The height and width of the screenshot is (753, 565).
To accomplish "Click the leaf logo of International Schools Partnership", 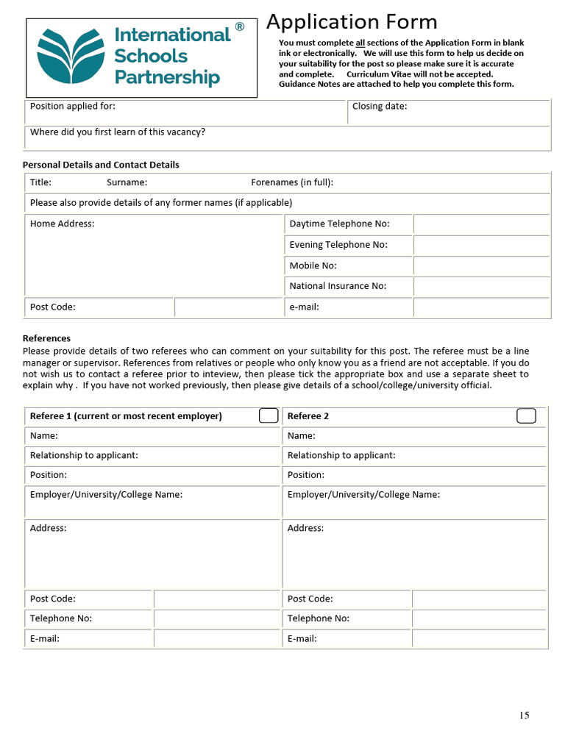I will click(x=71, y=57).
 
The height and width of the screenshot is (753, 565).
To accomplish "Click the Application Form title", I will click(x=352, y=22).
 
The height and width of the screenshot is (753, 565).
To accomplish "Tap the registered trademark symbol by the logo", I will click(x=240, y=27).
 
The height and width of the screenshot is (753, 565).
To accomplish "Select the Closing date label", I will click(x=380, y=107).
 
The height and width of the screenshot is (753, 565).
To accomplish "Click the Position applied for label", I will click(x=73, y=107).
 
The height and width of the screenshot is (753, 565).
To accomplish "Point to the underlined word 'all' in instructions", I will click(x=360, y=43).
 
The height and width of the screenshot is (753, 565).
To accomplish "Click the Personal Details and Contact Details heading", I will click(x=101, y=165).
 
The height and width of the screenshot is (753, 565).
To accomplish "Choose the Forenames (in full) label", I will click(x=292, y=182).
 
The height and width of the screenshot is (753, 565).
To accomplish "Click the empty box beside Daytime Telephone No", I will click(x=481, y=224).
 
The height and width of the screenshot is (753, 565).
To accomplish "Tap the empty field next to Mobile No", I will click(x=481, y=265).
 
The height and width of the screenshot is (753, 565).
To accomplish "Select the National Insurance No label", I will click(x=338, y=286).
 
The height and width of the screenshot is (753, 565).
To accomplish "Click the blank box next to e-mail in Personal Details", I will click(x=481, y=307).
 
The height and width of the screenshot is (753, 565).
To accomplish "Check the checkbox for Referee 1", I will click(x=269, y=416).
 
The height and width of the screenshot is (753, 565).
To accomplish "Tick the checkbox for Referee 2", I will click(x=526, y=416).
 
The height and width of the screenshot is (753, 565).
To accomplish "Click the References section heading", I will click(x=46, y=338).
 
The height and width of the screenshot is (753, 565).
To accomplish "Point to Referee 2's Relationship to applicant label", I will click(x=341, y=455).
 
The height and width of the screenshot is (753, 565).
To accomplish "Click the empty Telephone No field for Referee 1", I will click(x=216, y=618).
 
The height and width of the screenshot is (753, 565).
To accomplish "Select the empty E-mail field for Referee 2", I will click(x=479, y=638).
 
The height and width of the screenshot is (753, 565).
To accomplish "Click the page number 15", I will click(x=524, y=715).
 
